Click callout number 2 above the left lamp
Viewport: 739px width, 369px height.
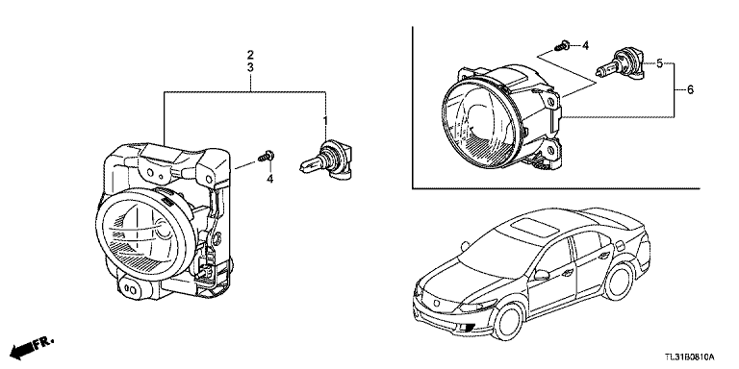pos(250,54)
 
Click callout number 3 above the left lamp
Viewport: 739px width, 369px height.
pos(250,67)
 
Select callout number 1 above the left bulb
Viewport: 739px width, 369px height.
pos(324,121)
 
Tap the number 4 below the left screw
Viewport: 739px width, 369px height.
pos(270,179)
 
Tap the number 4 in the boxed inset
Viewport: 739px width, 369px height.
pos(585,46)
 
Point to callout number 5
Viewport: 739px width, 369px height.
pos(659,62)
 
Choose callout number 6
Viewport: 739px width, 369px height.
pos(691,89)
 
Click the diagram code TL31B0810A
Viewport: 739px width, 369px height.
pos(690,357)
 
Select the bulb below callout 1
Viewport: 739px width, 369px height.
pos(326,160)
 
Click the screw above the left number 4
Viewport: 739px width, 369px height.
pos(267,156)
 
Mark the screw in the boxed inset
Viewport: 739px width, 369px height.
pos(562,46)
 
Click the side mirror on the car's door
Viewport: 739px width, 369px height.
pos(541,275)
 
